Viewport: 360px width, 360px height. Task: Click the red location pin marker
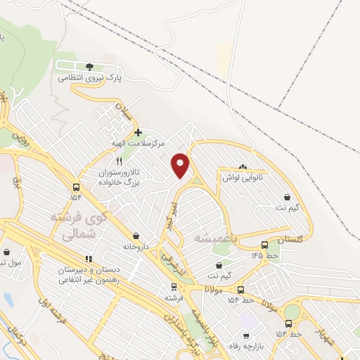pyautogui.click(x=181, y=165)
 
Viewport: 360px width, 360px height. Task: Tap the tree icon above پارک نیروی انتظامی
pyautogui.click(x=89, y=66)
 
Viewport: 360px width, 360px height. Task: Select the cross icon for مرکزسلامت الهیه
pyautogui.click(x=138, y=131)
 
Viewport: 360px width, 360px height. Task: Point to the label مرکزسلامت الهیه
pyautogui.click(x=139, y=143)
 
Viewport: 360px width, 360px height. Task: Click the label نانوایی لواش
pyautogui.click(x=243, y=178)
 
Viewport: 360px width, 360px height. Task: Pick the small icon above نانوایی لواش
pyautogui.click(x=243, y=167)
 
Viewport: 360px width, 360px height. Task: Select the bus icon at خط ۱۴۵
pyautogui.click(x=264, y=245)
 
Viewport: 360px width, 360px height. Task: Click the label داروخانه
pyautogui.click(x=136, y=247)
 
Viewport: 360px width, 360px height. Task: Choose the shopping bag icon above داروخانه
pyautogui.click(x=136, y=236)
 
